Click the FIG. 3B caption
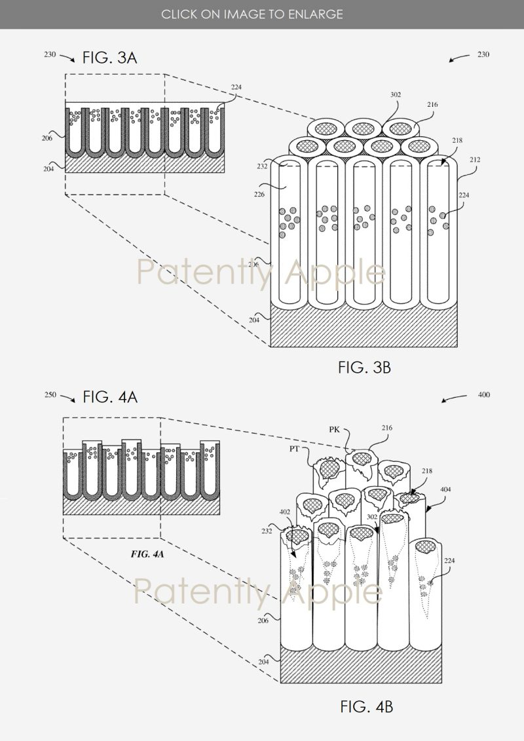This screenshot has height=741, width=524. click(x=364, y=368)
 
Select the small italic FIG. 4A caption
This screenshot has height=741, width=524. click(x=147, y=554)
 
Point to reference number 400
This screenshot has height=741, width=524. click(x=483, y=395)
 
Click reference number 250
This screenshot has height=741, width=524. click(x=50, y=395)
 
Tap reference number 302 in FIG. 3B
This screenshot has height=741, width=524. click(x=395, y=94)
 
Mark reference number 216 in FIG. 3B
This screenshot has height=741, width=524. click(x=432, y=105)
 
